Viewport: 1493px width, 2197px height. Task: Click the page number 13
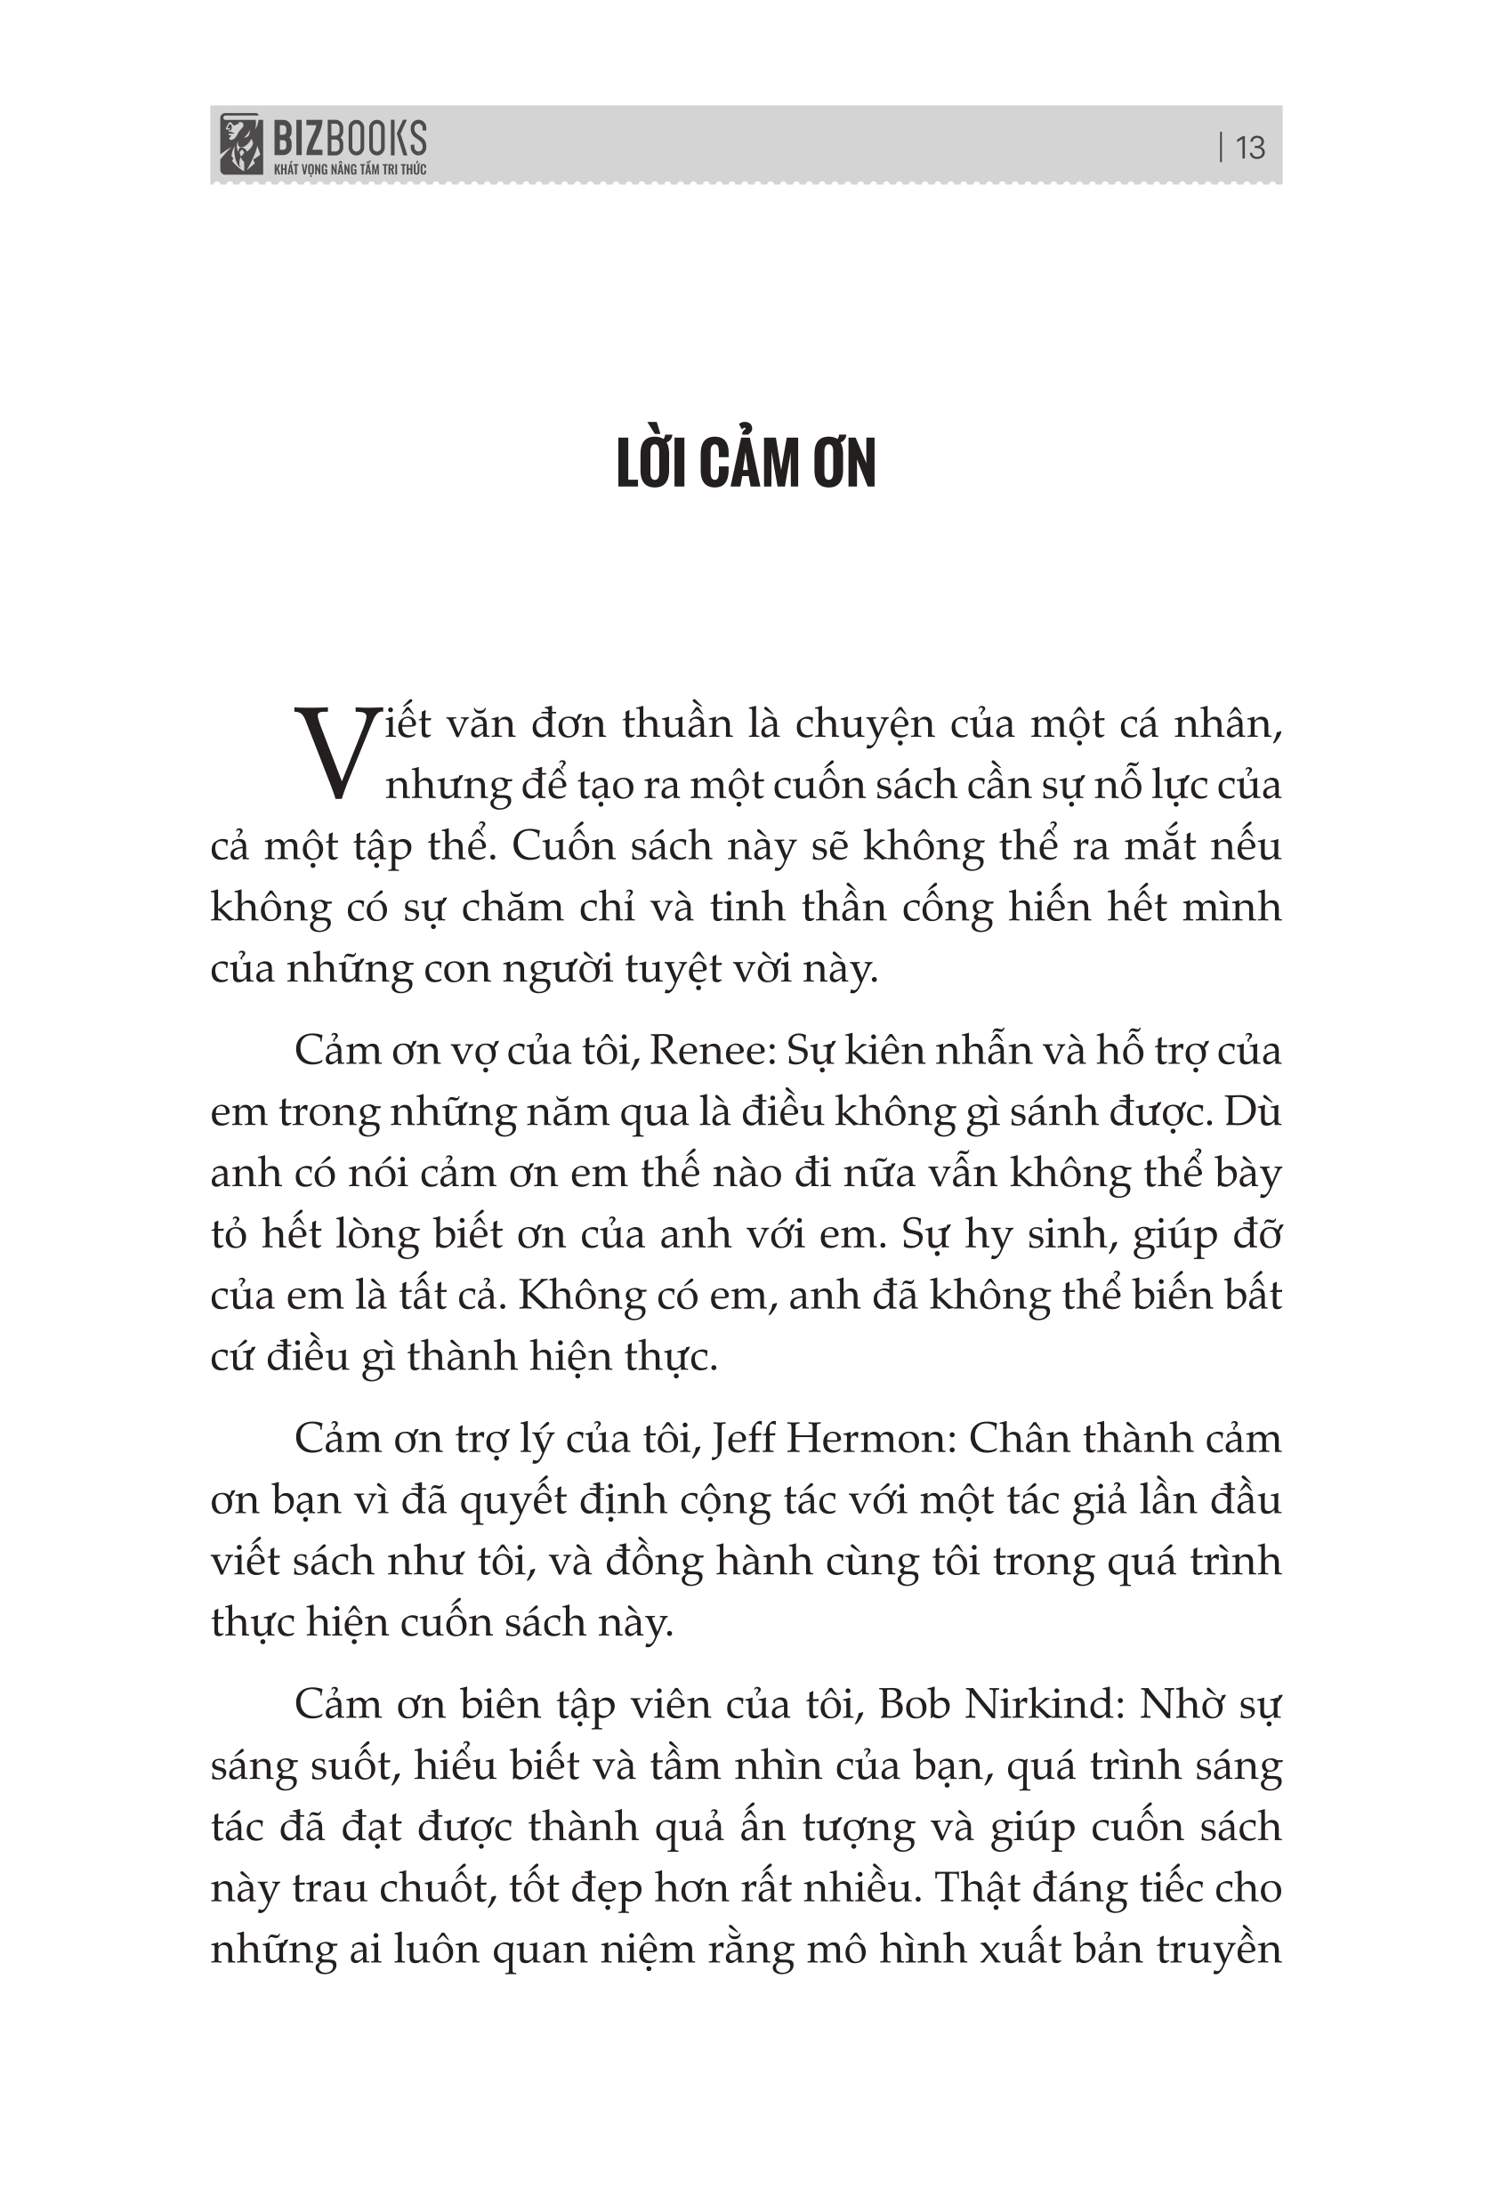(1249, 148)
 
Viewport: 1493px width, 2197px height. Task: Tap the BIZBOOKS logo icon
(240, 145)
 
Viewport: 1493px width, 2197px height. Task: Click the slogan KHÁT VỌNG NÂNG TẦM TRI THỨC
(349, 169)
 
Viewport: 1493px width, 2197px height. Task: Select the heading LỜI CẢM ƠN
(746, 464)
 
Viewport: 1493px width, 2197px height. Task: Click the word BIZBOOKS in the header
(349, 140)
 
